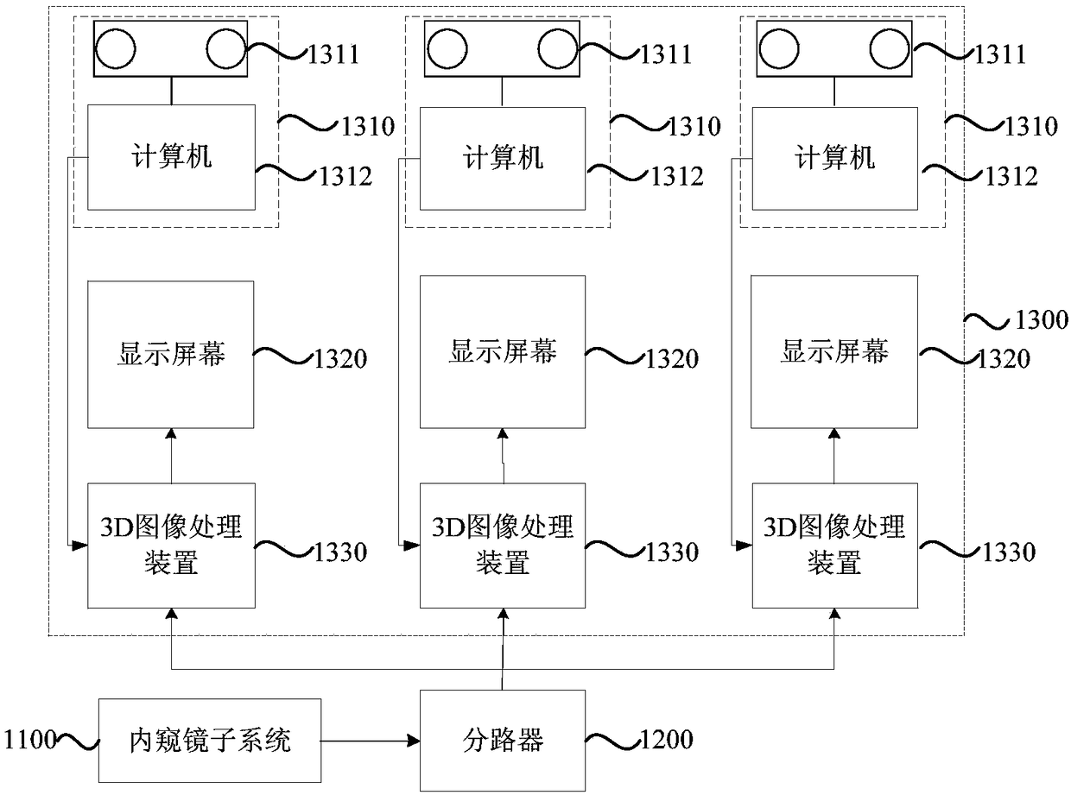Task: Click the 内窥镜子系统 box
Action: [210, 740]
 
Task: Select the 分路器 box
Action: [503, 740]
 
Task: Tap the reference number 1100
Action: [30, 739]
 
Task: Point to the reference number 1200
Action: [668, 739]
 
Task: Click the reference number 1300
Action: [1042, 319]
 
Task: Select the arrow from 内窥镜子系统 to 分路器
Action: [371, 741]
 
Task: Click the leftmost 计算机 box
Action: [171, 157]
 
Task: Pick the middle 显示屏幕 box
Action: [503, 352]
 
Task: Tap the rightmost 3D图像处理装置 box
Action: [835, 546]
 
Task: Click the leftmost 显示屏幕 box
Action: [170, 354]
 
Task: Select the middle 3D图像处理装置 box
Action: [503, 546]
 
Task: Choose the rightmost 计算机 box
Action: [835, 158]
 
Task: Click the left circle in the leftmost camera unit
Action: [116, 48]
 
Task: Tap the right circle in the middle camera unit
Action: [558, 48]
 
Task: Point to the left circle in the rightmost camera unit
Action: [779, 48]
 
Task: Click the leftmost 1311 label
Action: [333, 54]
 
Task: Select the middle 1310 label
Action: [694, 126]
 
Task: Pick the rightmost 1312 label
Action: [1011, 176]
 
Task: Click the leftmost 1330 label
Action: [341, 552]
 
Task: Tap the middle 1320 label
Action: [672, 358]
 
